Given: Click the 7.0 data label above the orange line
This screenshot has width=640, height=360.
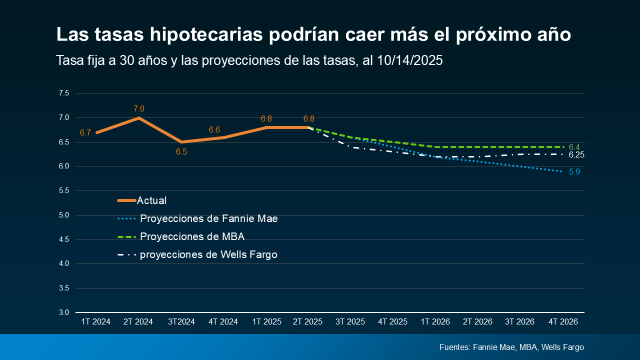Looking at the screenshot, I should tap(139, 108).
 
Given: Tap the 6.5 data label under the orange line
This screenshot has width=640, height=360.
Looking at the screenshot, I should tap(181, 151).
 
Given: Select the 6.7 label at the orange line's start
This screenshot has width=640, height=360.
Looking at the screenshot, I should tap(85, 132).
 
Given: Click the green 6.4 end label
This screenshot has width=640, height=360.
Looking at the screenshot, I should tap(574, 147).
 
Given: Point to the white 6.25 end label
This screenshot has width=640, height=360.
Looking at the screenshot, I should tap(576, 155).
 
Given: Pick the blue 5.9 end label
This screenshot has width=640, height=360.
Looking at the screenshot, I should tap(574, 172).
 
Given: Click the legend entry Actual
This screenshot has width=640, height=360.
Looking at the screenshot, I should tap(151, 200).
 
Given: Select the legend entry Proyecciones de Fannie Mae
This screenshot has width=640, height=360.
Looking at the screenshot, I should tap(208, 218).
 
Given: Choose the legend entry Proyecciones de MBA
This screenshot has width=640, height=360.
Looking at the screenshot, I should tap(192, 236).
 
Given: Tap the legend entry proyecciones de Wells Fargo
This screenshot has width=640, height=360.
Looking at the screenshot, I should tap(208, 254).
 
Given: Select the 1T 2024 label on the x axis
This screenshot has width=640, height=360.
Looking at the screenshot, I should tap(96, 322).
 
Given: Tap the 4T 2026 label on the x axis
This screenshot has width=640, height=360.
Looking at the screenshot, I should tap(563, 322).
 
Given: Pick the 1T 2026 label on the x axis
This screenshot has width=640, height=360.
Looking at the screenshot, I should tap(435, 322).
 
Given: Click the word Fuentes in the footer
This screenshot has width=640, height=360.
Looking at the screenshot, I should tap(454, 347).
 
